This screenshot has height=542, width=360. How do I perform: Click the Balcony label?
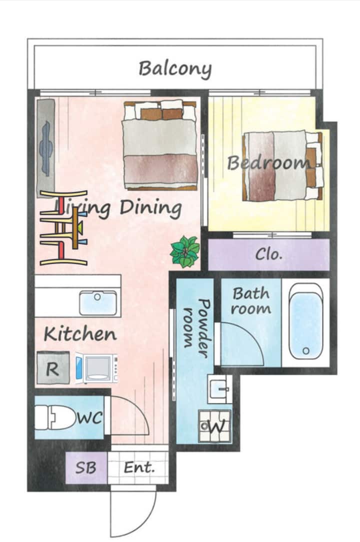175,69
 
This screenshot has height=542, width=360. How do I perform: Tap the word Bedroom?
268,162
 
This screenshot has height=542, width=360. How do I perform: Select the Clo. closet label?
269,254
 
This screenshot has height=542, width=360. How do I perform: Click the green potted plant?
185,251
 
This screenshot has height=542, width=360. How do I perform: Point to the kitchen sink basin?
98,303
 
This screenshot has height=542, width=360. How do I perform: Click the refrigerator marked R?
53,368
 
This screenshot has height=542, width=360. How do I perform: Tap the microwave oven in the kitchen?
96,368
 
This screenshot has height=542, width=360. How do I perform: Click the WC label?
89,417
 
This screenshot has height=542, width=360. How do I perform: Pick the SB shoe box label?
85,468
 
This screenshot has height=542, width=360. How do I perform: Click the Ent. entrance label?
139,468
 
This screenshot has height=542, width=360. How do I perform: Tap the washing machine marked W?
215,426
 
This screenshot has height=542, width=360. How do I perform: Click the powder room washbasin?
219,388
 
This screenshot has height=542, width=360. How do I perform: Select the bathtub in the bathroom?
305,321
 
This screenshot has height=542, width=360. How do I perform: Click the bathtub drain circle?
306,351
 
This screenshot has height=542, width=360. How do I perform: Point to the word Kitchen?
80,334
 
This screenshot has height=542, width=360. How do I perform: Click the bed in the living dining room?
160,145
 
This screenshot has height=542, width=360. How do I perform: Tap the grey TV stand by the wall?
46,148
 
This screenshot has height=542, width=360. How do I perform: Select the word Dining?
150,208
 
